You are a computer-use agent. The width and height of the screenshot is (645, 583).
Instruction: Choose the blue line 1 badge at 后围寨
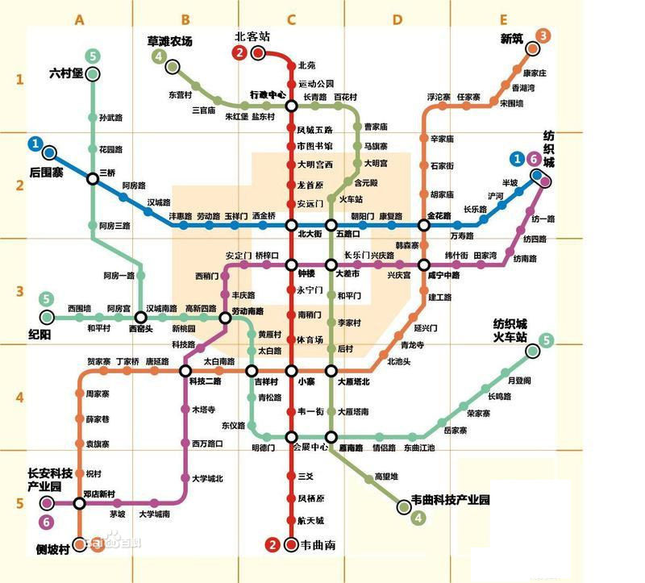35,144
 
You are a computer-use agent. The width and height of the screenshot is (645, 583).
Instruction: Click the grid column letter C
291,19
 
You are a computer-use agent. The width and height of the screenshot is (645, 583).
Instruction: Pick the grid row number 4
20,398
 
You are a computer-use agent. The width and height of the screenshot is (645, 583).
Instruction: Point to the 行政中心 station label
267,94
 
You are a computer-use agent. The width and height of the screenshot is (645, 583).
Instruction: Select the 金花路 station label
439,215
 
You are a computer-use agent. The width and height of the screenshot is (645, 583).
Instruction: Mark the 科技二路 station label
206,381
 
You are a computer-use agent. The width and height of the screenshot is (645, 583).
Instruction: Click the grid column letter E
504,19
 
